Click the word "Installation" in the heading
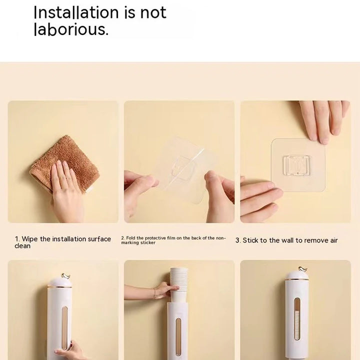[76, 12]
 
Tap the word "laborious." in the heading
[71, 29]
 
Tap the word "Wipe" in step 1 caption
[29, 239]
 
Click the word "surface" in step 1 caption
[99, 239]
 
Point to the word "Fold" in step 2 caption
[130, 238]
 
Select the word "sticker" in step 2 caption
[148, 242]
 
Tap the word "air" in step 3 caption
[334, 240]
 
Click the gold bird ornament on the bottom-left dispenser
[65, 276]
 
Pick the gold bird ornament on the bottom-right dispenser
[303, 269]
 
